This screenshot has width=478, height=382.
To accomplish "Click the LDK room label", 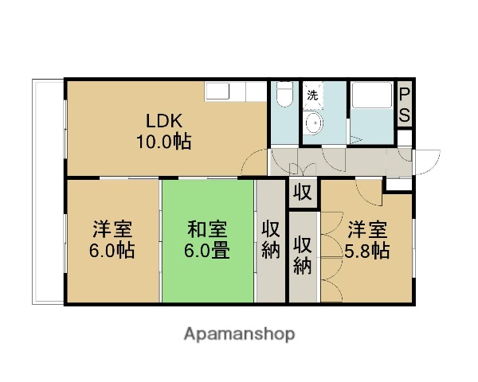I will click(164, 122).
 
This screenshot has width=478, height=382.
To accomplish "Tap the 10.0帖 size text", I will click(164, 142).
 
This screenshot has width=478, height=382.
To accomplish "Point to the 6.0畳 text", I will click(209, 251).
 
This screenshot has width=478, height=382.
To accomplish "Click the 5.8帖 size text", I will click(367, 251).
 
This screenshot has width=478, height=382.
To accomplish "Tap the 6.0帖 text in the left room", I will click(112, 251).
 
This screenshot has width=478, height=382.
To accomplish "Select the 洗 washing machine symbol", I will click(312, 95).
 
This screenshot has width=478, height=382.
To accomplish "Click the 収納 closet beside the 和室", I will click(270, 240).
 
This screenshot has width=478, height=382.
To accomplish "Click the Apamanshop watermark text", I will click(239, 334).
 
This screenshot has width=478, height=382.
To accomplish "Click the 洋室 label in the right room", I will click(367, 231).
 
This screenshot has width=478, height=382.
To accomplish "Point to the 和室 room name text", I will click(208, 231).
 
